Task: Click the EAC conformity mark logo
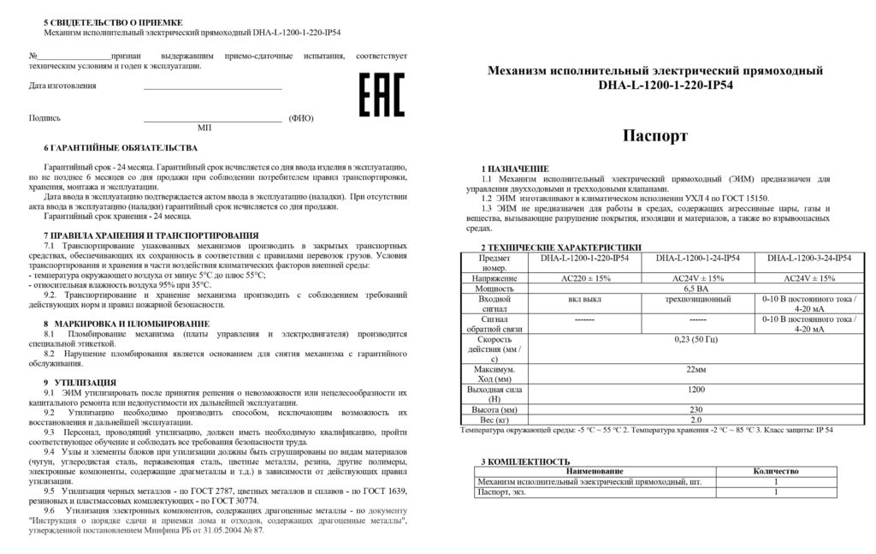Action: [x=380, y=94]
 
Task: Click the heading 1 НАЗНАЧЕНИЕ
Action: [x=515, y=169]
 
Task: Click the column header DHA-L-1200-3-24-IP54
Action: [x=808, y=257]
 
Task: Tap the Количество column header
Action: [x=776, y=471]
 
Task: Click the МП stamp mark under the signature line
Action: [x=204, y=127]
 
